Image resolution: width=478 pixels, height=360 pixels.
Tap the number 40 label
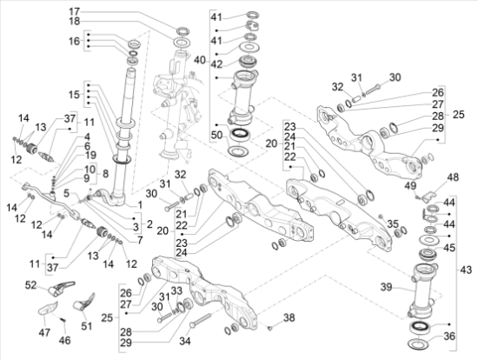pos(199,60)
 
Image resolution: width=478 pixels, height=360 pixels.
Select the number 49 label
pos(410,184)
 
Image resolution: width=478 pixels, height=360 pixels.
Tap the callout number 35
pos(393,223)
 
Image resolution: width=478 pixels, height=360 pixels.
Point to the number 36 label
pos(449,337)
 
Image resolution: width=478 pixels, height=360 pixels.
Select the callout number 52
pos(31,284)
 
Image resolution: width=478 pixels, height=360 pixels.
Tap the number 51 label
pos(85,327)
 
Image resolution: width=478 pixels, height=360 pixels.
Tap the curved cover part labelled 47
pos(50,309)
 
